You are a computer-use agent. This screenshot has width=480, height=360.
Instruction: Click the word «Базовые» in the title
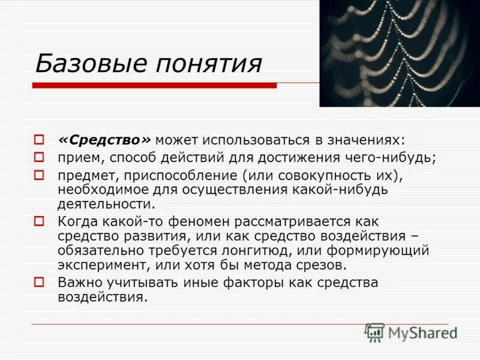[x=84, y=64]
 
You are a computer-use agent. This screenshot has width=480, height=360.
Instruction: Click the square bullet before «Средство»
[x=39, y=140]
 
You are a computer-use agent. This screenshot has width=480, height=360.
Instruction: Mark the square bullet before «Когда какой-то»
[x=39, y=222]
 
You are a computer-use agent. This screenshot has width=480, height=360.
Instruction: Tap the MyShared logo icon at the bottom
[x=375, y=332]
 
